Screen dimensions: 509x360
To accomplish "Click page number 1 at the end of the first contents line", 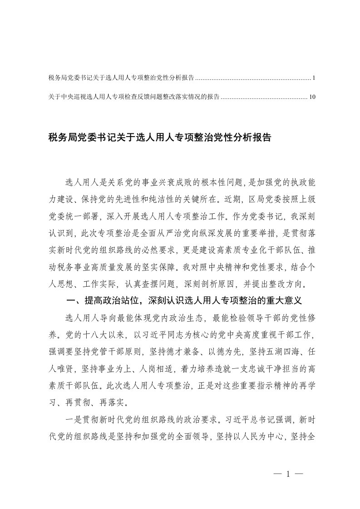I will click(x=313, y=78).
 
